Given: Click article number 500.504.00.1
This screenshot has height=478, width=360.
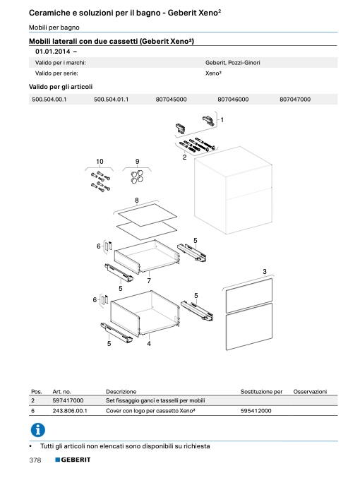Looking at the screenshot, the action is [x=49, y=100].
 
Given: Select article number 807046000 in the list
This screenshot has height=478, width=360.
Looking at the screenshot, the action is [x=233, y=100].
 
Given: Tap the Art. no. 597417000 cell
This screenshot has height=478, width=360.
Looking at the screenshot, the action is [x=68, y=400].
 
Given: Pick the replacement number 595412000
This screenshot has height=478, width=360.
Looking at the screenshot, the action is [x=256, y=411].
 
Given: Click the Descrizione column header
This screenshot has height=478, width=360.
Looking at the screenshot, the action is [x=121, y=391].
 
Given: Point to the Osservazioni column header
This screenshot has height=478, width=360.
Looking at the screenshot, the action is [x=310, y=391].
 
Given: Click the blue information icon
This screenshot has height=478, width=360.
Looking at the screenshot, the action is [x=38, y=430].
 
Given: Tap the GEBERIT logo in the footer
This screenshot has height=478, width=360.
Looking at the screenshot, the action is [x=73, y=460].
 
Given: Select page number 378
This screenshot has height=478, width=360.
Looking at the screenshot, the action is [x=35, y=460].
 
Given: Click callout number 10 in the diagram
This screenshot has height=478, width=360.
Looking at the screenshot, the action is [x=100, y=162].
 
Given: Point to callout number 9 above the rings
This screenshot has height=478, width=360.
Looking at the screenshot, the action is [x=137, y=162].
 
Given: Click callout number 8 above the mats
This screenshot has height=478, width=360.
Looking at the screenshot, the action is [x=136, y=201].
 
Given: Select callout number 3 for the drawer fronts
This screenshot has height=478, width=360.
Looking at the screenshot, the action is [x=265, y=271].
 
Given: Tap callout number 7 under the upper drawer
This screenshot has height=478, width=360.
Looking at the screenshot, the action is [x=149, y=280].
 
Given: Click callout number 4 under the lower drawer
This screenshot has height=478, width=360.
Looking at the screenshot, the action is [x=149, y=344].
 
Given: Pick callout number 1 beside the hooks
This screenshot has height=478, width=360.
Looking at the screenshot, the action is [x=222, y=120].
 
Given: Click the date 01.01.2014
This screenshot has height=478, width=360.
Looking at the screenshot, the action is [x=52, y=52].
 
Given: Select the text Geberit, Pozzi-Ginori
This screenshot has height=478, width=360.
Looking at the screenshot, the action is [x=232, y=63].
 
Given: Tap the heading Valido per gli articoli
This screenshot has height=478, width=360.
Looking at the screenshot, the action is [x=61, y=87].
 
